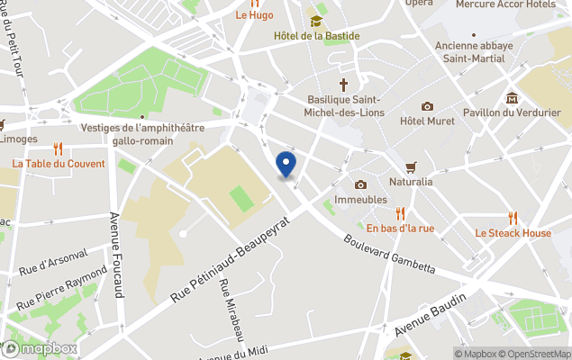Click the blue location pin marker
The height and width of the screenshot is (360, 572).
click(286, 165)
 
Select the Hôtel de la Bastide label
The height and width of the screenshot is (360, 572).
click(316, 36)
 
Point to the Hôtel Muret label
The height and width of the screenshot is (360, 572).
click(427, 121)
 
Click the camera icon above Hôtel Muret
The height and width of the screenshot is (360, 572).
click(427, 106)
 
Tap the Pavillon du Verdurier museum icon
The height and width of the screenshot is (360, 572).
click(512, 98)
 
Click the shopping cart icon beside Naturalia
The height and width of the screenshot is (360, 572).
click(411, 166)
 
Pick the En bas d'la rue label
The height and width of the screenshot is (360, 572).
click(400, 228)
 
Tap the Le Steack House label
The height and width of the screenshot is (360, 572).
click(513, 233)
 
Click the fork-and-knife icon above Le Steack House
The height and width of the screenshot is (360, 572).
click(513, 217)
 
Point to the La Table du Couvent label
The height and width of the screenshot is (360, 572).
click(59, 164)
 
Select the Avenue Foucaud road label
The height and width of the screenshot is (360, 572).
click(115, 256)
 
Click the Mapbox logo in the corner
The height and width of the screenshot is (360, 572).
click(39, 348)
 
